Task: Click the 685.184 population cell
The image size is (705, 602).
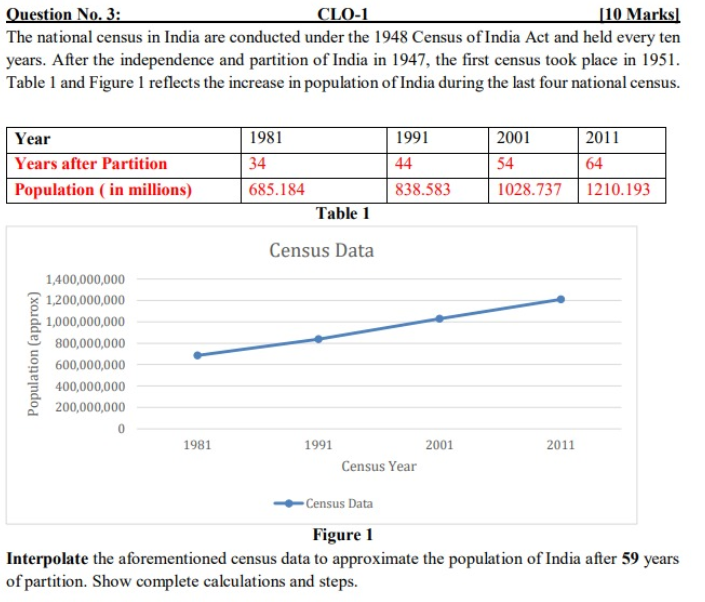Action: [x=276, y=189]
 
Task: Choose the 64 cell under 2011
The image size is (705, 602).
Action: [x=594, y=164]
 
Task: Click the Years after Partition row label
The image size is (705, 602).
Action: [x=91, y=164]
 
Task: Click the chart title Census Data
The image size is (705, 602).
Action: [x=321, y=250]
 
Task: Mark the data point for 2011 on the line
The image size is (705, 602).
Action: [x=560, y=299]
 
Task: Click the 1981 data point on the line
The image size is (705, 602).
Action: [x=197, y=355]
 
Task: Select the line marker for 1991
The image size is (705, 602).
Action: [x=319, y=339]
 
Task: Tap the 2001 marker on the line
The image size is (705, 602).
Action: [x=439, y=318]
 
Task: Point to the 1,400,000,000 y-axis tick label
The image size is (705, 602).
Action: [x=86, y=279]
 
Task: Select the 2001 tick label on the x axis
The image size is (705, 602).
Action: [x=439, y=445]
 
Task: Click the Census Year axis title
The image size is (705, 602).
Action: [x=379, y=466]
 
